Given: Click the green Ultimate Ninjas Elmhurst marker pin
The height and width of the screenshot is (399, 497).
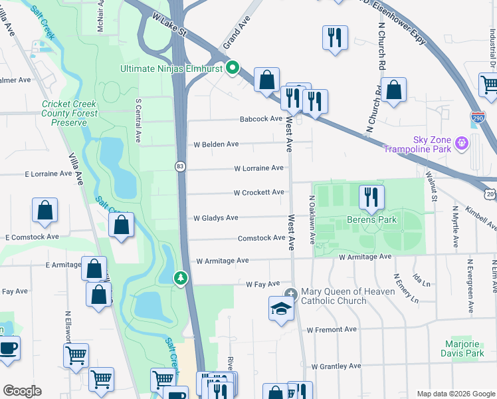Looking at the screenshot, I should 233,68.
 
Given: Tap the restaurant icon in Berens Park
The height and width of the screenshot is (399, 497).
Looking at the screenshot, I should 371,197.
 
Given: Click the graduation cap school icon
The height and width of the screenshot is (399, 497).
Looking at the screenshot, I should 281,309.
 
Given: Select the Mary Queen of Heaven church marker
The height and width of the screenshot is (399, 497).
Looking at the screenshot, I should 290,294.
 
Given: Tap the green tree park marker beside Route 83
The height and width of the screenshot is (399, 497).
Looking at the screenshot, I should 180,278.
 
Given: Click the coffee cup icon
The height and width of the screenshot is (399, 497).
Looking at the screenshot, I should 8,348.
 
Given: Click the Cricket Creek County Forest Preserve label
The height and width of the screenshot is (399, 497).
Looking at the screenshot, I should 70,113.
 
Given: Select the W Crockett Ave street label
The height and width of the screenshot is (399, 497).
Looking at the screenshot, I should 258,192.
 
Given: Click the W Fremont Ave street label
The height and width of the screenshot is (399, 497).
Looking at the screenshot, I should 333,329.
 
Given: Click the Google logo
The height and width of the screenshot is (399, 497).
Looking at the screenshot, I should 22,391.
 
